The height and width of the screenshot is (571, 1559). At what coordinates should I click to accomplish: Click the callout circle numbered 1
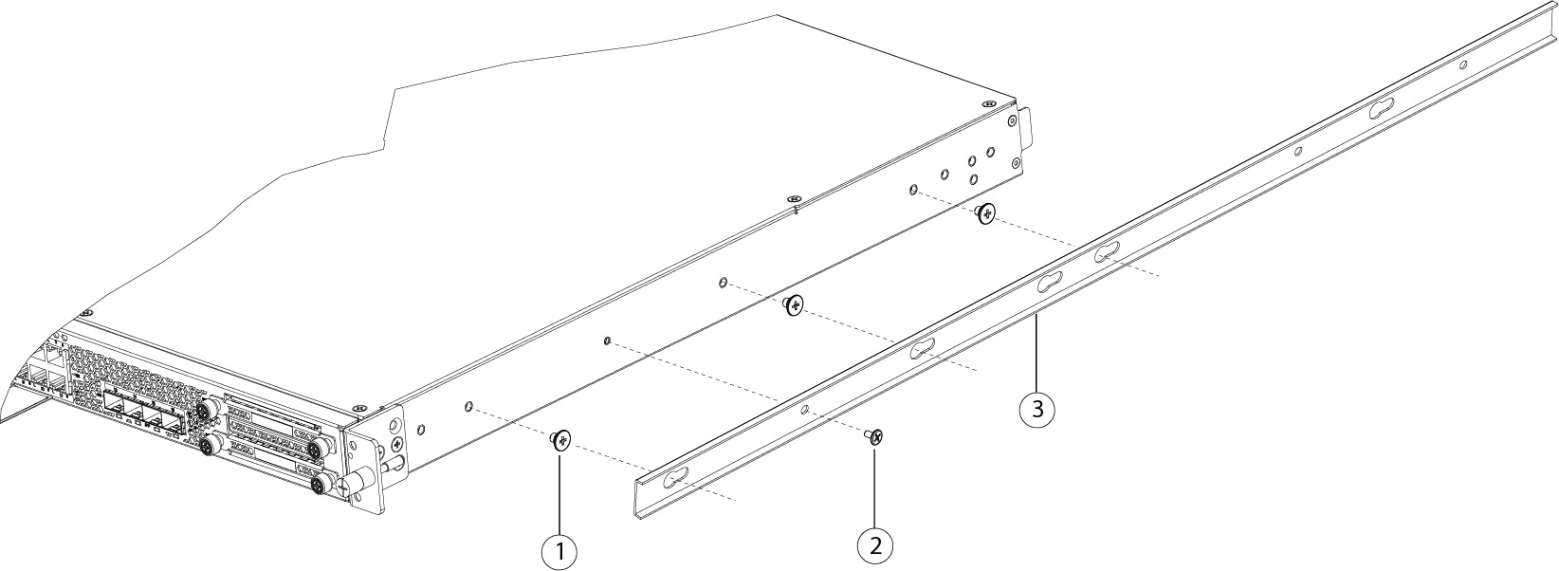coord(559,549)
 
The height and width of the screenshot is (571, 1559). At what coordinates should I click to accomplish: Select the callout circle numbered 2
coord(875,544)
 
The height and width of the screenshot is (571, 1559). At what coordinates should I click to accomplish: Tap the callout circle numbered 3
coord(1037,410)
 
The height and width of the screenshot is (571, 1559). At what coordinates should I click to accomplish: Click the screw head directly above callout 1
coord(561,438)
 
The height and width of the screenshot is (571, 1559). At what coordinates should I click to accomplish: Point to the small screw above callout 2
coord(875,437)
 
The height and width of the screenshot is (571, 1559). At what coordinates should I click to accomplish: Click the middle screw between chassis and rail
coord(794,305)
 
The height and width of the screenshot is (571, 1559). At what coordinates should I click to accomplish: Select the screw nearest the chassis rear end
coord(987,213)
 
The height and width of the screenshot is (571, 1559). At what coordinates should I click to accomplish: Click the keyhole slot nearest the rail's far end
coord(1381,108)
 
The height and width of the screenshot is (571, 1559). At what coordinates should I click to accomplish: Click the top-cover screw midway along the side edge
coord(793,197)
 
